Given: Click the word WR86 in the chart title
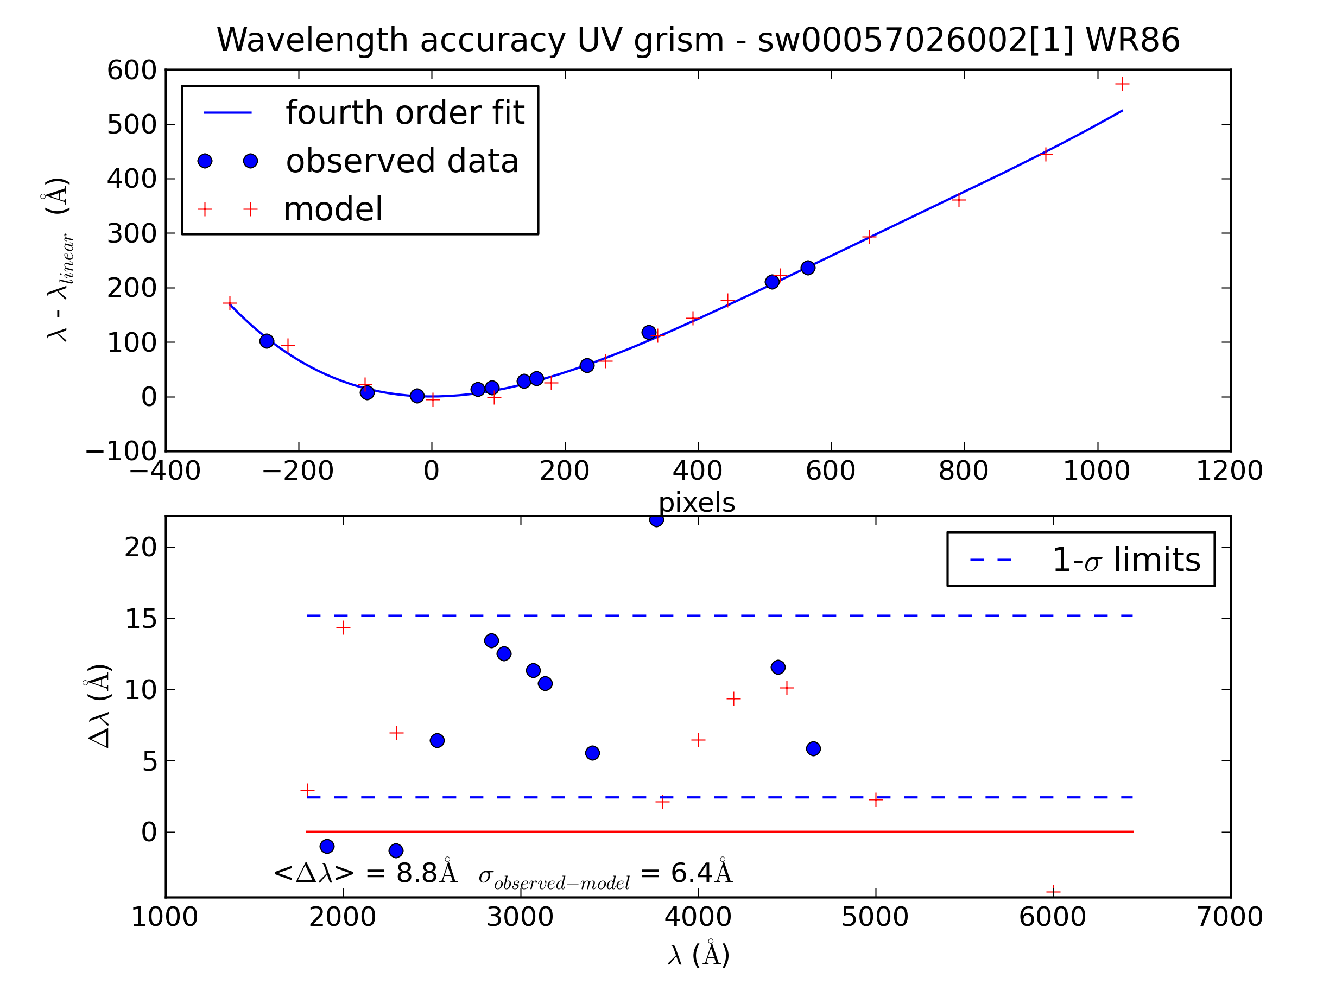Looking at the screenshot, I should [x=1132, y=41].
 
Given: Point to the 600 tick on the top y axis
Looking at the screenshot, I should [x=131, y=71].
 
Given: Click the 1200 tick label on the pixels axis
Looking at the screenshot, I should [x=1230, y=471].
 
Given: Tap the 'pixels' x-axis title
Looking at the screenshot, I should [x=697, y=503].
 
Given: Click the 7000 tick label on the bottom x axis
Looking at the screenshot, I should [x=1230, y=917].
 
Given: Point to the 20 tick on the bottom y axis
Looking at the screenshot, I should [x=141, y=547].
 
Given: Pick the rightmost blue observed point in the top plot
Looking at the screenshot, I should [x=808, y=268].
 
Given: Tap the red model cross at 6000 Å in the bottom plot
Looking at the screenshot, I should [x=1053, y=892].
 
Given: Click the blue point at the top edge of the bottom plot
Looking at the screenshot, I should [x=656, y=520].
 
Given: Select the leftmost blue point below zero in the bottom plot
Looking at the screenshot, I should [x=327, y=846].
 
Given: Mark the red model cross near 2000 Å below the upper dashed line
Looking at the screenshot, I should [x=343, y=627].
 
